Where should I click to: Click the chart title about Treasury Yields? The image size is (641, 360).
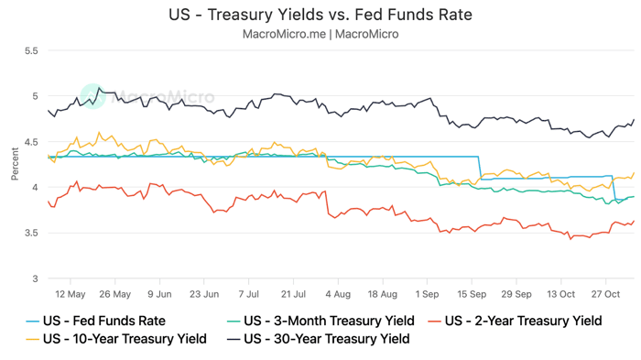pyautogui.click(x=320, y=15)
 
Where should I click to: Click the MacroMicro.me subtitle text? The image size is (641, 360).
pyautogui.click(x=320, y=34)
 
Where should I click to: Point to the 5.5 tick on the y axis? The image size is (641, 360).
pyautogui.click(x=30, y=51)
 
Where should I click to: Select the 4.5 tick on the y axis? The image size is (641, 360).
pyautogui.click(x=30, y=142)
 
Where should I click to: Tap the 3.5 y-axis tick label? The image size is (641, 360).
pyautogui.click(x=30, y=233)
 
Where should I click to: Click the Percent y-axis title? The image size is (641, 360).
pyautogui.click(x=14, y=165)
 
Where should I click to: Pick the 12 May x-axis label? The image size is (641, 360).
pyautogui.click(x=71, y=294)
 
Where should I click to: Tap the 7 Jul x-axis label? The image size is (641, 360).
pyautogui.click(x=249, y=294)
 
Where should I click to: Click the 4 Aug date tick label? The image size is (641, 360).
pyautogui.click(x=338, y=294)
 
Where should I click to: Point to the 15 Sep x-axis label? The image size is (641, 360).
pyautogui.click(x=473, y=294)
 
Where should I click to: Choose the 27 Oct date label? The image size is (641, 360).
pyautogui.click(x=606, y=294)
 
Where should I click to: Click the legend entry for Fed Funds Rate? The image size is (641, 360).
pyautogui.click(x=96, y=321)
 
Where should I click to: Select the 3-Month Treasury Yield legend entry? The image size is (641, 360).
pyautogui.click(x=320, y=321)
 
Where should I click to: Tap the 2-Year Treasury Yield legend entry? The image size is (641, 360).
pyautogui.click(x=523, y=321)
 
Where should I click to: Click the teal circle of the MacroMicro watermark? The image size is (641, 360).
pyautogui.click(x=92, y=96)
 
